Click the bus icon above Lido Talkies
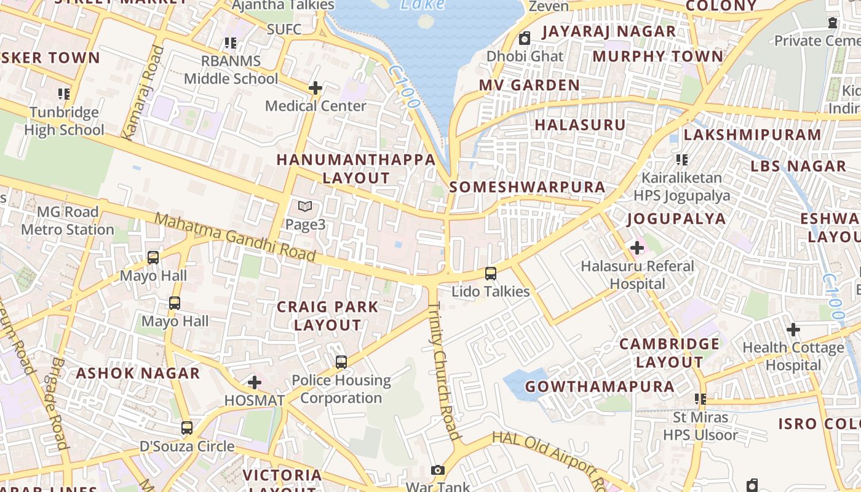click(x=490, y=273)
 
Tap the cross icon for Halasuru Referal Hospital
click(x=637, y=248)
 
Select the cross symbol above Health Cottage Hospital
click(x=793, y=330)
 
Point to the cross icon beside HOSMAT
click(x=254, y=383)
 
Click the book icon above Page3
click(x=305, y=207)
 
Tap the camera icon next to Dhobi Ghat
click(x=525, y=39)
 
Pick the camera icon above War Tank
click(x=437, y=470)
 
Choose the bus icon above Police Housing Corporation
click(x=341, y=362)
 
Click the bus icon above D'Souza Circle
click(x=186, y=428)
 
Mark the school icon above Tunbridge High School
click(x=64, y=94)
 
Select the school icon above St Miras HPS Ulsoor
click(x=700, y=399)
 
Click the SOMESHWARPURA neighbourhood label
click(x=527, y=187)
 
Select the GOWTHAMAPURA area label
click(x=600, y=387)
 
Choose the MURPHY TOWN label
click(x=657, y=57)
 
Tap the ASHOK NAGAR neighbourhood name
click(x=138, y=373)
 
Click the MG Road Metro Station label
click(x=68, y=221)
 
